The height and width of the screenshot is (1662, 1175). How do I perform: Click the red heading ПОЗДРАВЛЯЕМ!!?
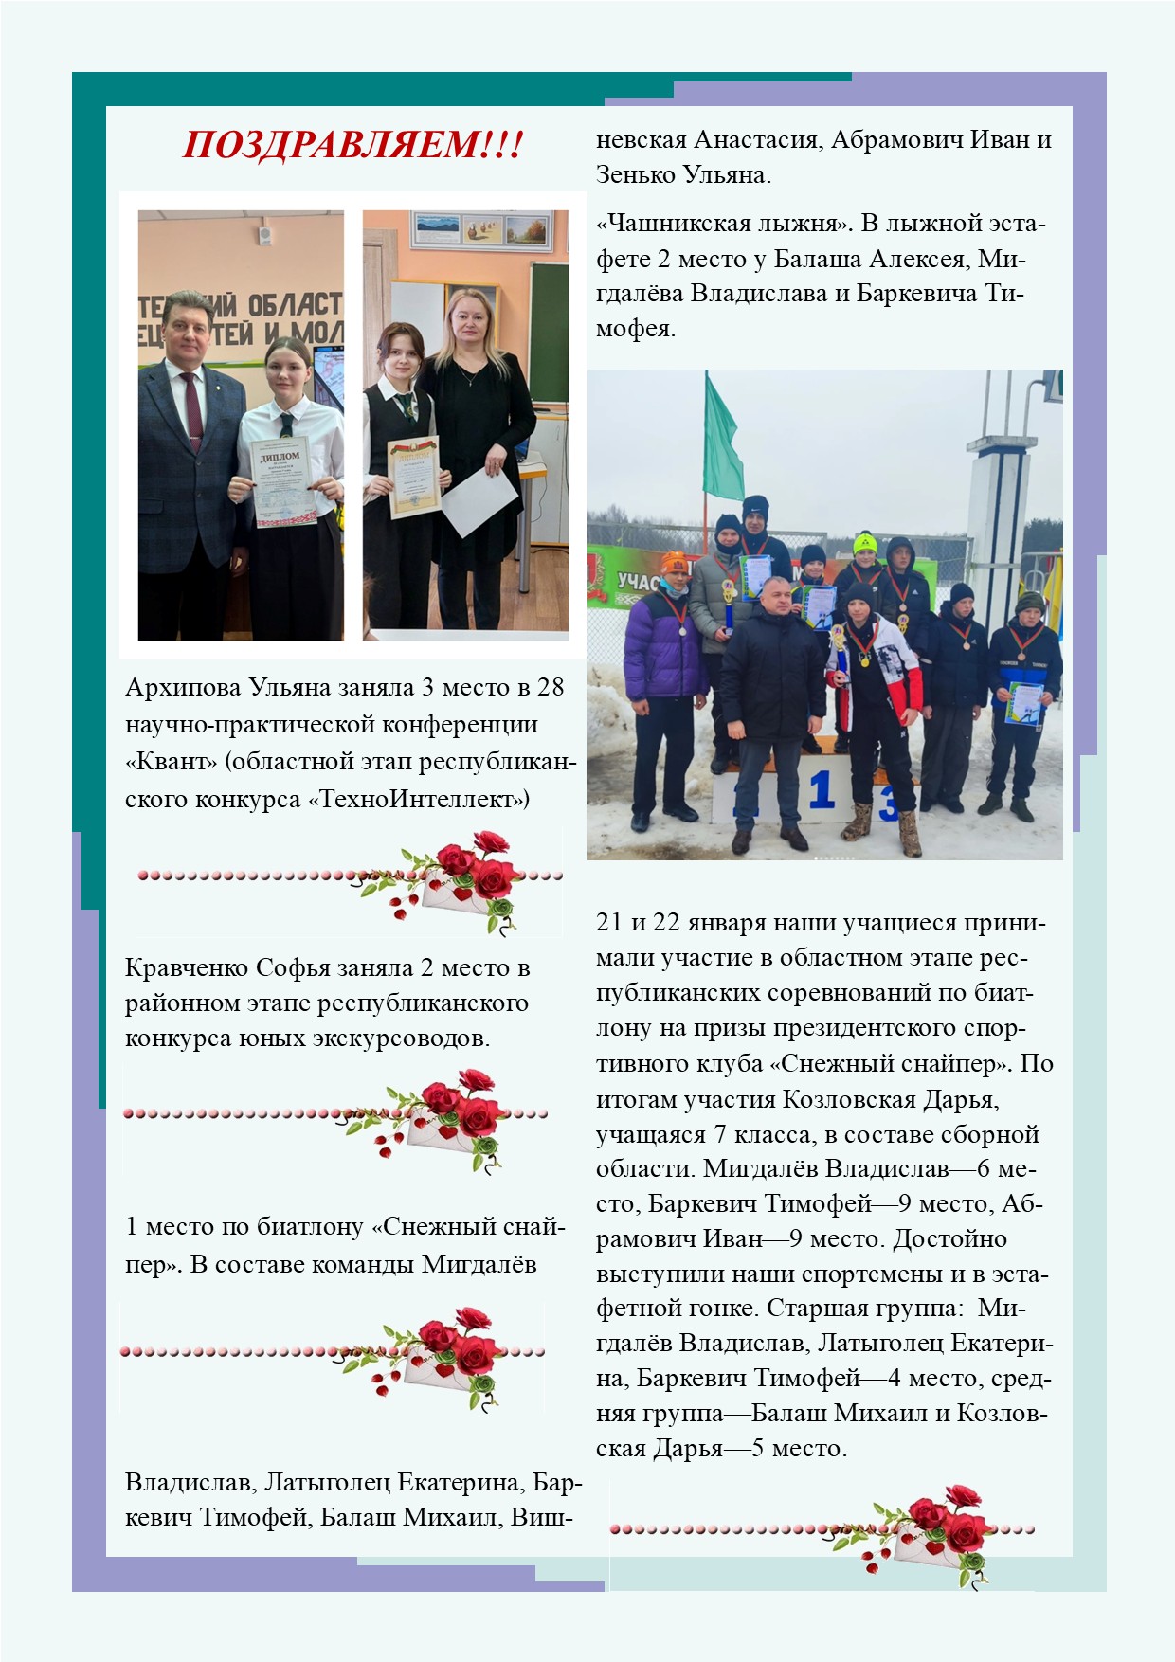coord(352,145)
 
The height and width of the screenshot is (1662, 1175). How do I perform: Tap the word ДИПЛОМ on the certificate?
coord(280,456)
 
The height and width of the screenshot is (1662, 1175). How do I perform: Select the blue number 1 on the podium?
coord(821,790)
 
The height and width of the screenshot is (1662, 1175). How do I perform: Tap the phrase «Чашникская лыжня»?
coord(722,224)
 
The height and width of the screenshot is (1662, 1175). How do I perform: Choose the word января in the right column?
coord(740,923)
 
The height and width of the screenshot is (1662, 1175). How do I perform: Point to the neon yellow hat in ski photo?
coord(863,543)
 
